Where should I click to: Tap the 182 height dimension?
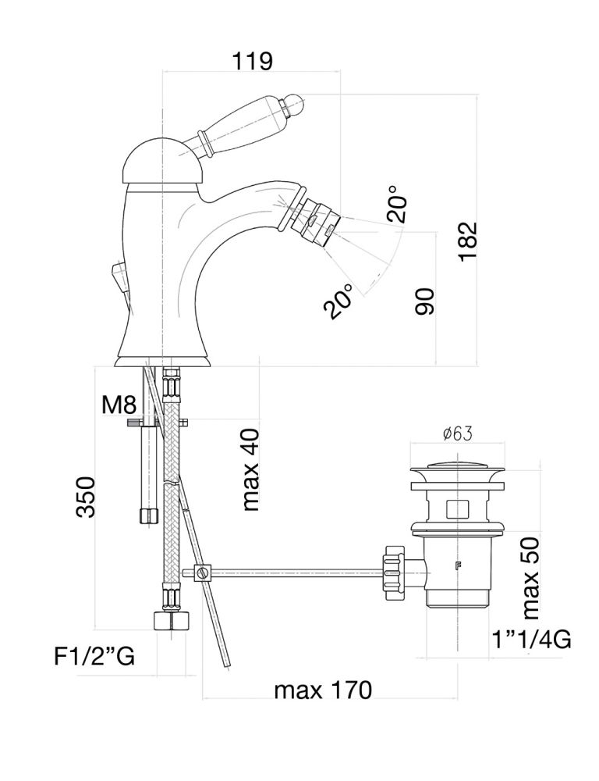click(x=467, y=241)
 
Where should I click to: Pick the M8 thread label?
click(x=119, y=405)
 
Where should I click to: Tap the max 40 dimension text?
click(x=250, y=469)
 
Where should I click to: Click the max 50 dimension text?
click(x=531, y=576)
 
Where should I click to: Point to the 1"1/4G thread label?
click(x=530, y=640)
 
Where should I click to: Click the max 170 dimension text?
click(x=322, y=690)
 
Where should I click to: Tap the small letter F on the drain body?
click(x=458, y=569)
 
